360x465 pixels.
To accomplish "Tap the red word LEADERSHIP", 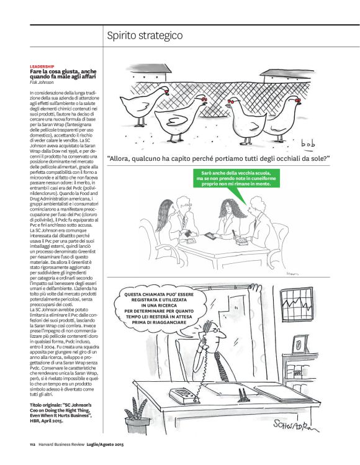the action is point(42,66).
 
